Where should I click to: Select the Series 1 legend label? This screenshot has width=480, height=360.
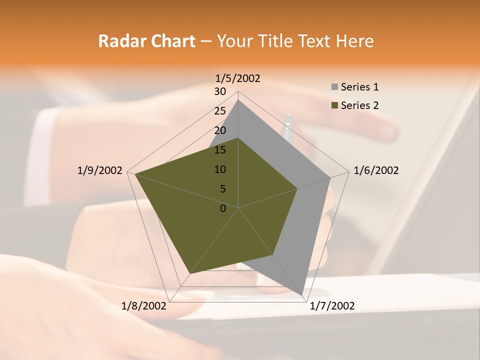point(359,87)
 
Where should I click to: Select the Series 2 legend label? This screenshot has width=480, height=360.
point(359,105)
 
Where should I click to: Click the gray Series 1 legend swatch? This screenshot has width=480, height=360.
point(334,87)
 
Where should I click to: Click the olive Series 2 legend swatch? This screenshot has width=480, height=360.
point(334,105)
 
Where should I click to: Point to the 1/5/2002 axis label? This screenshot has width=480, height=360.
point(238,78)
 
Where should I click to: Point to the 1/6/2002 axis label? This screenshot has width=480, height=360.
point(376,170)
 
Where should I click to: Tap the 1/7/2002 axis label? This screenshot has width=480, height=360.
point(332,306)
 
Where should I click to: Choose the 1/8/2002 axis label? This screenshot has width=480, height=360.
point(144,306)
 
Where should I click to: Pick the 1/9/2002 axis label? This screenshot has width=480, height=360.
point(100,170)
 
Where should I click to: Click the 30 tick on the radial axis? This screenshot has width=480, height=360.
point(220,91)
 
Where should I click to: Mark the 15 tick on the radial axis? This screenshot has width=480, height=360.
point(220,150)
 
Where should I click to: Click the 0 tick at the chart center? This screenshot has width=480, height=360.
point(223,208)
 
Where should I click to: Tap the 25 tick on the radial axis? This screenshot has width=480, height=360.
point(220,111)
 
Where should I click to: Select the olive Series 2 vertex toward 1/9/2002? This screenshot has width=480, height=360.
point(135,174)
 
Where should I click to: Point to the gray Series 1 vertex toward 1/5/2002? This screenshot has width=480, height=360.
point(238,99)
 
